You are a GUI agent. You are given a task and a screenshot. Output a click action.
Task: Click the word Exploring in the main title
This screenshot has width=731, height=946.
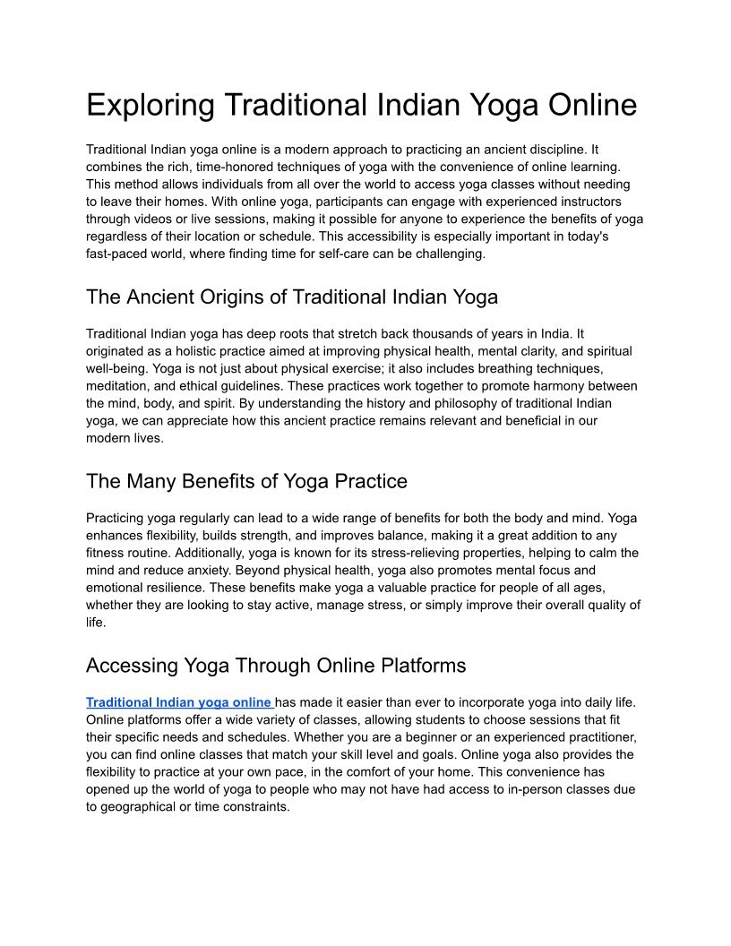(x=150, y=106)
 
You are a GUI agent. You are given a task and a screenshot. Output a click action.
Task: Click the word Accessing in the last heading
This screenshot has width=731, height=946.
(x=132, y=666)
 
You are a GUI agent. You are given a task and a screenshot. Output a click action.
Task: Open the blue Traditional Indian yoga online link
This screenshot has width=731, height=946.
(x=179, y=702)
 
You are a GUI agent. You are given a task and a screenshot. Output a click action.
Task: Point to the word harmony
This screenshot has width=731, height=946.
(x=550, y=386)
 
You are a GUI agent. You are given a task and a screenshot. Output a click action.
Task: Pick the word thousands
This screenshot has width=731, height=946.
(x=438, y=334)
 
